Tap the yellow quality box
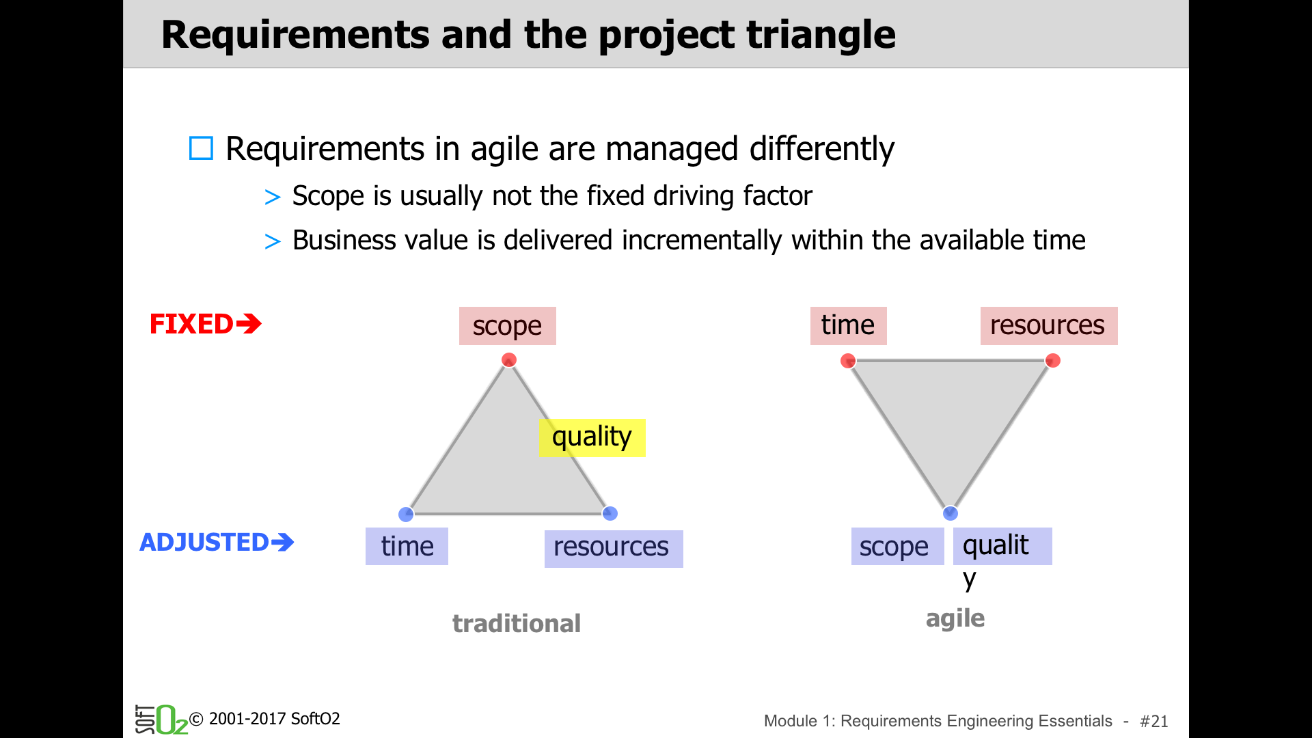tap(592, 438)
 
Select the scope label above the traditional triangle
tap(507, 326)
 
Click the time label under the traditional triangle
tap(407, 547)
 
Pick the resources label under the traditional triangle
tap(614, 549)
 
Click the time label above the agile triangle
tap(848, 326)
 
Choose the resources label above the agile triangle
tap(1049, 326)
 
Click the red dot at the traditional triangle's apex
tap(509, 360)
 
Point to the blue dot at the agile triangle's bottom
tap(951, 513)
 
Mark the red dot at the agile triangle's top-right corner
tap(1053, 361)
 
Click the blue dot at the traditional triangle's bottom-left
tap(406, 514)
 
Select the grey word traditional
tap(517, 623)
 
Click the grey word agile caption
tap(955, 618)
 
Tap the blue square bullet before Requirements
tap(201, 148)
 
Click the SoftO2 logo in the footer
tap(161, 720)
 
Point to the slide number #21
tap(1154, 721)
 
